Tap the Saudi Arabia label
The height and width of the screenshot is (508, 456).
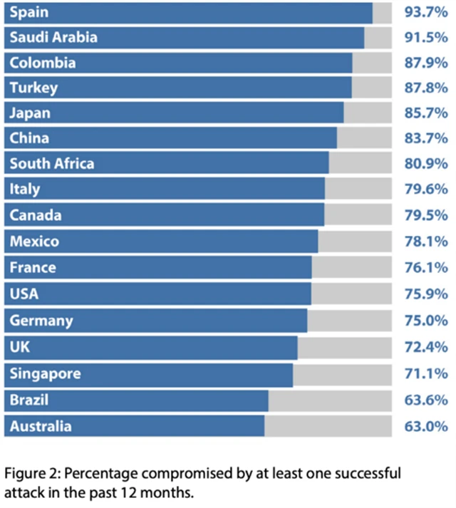tap(53, 38)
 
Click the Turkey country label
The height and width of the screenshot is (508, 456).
tap(33, 88)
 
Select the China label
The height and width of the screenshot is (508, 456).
tap(29, 138)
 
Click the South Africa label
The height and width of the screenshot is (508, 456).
tap(52, 164)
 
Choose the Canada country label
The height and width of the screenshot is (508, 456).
tap(36, 215)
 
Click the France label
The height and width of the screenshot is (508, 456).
tap(33, 268)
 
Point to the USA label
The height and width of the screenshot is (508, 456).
tap(24, 294)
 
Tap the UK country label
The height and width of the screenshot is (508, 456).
tap(20, 346)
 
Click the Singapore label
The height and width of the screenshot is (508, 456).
tap(45, 373)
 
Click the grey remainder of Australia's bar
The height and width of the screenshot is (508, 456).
tap(328, 426)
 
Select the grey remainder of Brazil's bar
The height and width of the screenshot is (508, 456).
tap(330, 400)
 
